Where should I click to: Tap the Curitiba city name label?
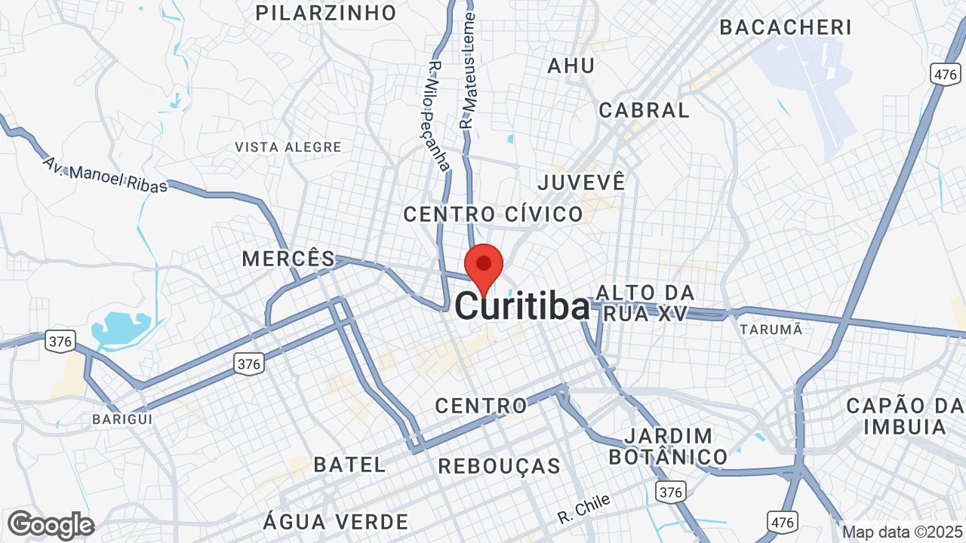coord(522,307)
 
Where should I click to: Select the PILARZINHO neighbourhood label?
coord(326,13)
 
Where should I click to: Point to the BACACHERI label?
coord(786,27)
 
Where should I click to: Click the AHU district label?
coord(571,66)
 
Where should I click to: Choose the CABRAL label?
coord(645,110)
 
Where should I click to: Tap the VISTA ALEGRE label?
coord(288,147)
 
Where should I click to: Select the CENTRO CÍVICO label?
coord(494,214)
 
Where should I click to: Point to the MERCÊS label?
coord(288,259)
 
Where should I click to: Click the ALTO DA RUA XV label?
coord(645,303)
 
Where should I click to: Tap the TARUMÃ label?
coord(771,330)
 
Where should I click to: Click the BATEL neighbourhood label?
coord(350,465)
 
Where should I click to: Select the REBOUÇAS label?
coord(500,466)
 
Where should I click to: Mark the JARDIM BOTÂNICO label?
coord(669,446)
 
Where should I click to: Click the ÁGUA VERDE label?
coord(336,521)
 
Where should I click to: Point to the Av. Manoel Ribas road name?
coord(105,175)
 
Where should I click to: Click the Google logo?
coord(51,525)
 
